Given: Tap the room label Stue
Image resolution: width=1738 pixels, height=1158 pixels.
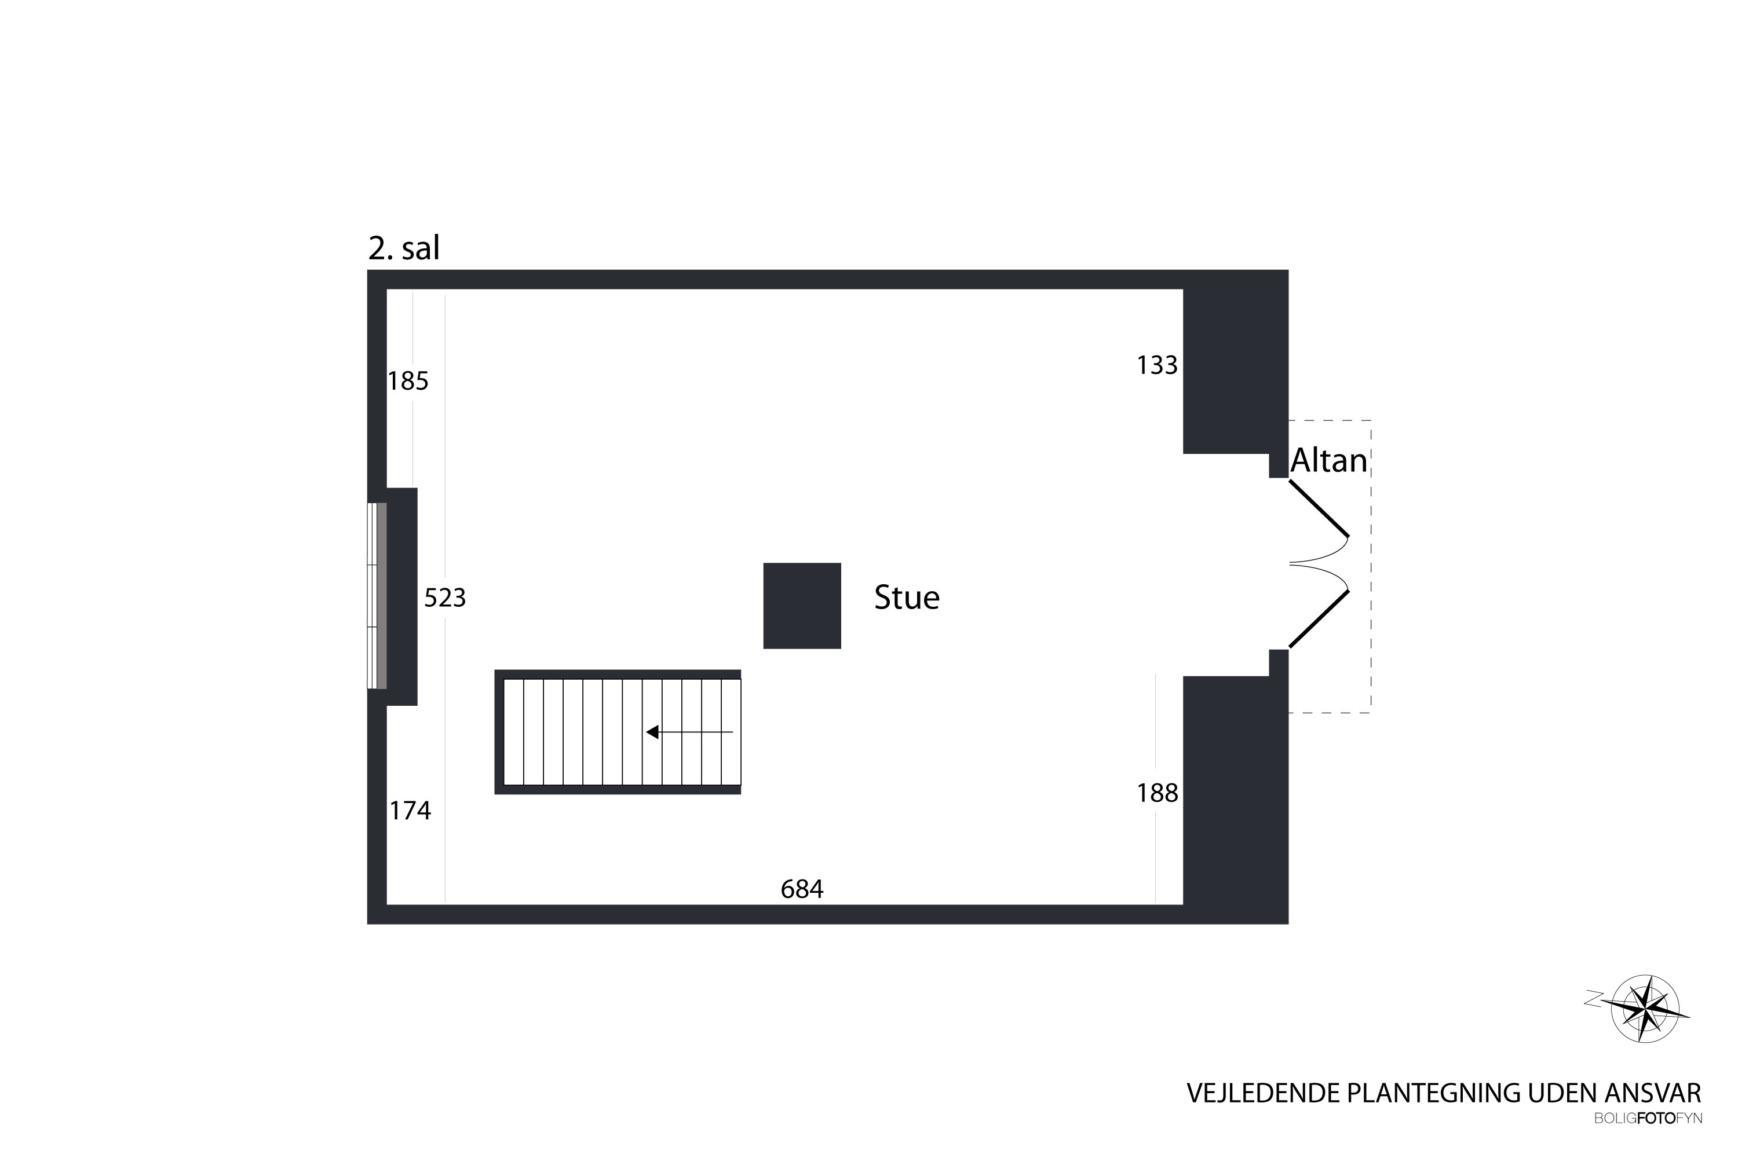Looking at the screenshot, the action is point(907,598).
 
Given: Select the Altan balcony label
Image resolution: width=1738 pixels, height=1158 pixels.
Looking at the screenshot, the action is point(1328,460).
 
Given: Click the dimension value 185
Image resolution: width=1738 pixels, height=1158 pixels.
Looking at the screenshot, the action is point(408,381).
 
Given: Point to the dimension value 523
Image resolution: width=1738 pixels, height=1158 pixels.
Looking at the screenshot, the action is point(445,598).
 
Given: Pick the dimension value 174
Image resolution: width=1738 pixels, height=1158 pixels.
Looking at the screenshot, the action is point(410,811).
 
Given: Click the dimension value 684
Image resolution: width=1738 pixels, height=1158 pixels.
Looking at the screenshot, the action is point(802,889).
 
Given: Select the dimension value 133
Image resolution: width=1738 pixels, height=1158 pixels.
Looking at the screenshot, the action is point(1157,365).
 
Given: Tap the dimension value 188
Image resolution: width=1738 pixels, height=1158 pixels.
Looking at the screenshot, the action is point(1157,793).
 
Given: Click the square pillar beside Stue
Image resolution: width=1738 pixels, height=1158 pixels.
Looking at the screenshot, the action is point(802,606).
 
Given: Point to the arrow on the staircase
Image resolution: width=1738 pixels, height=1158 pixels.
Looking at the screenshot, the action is point(689,732).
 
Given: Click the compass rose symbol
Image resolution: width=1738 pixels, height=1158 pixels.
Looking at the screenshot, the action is point(1644,1008).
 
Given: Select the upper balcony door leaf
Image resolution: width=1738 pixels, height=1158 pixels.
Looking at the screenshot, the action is point(1319,509).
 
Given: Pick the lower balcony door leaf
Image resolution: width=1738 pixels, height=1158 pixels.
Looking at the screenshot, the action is point(1319,620).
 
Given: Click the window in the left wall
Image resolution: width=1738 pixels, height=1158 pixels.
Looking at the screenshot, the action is point(377,596).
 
